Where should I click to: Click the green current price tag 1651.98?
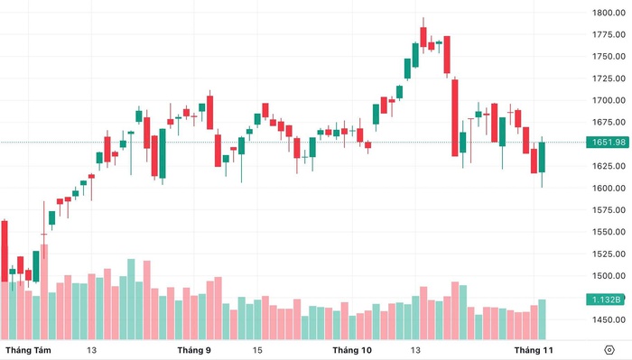(604, 142)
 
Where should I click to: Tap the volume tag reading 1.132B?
(604, 300)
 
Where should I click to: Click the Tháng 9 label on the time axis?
(194, 349)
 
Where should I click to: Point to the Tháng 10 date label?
(352, 349)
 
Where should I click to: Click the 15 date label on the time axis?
(257, 349)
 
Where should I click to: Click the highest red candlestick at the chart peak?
(423, 36)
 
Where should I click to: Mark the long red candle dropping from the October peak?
(456, 117)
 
